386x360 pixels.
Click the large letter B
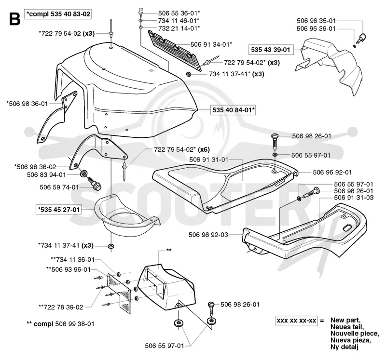(15, 19)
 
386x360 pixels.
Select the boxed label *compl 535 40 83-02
(58, 14)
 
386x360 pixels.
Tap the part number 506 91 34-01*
(211, 44)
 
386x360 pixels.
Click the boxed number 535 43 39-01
(271, 50)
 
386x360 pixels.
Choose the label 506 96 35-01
(316, 21)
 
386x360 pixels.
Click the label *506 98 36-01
(28, 104)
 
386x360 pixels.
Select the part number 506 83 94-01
(46, 174)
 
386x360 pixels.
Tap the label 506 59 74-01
(59, 187)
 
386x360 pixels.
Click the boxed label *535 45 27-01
(58, 210)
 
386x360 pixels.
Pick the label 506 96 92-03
(208, 235)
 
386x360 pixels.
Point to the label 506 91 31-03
(354, 198)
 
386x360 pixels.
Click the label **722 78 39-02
(61, 307)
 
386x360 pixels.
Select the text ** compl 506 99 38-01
(60, 324)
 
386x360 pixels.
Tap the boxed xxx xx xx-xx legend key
(296, 320)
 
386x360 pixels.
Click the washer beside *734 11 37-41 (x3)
(111, 246)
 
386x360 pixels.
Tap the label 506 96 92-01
(332, 173)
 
